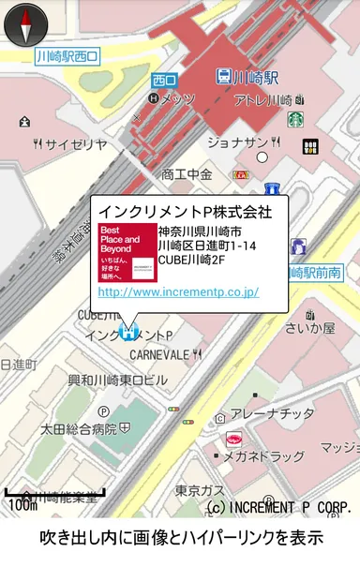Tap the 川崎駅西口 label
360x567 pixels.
coord(67,57)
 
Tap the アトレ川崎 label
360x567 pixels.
coord(263,99)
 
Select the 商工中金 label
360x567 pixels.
coord(187,173)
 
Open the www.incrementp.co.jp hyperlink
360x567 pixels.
coord(178,292)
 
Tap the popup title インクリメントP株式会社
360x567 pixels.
coord(185,212)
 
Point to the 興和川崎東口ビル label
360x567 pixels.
coord(118,380)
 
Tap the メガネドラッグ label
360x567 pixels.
coord(263,456)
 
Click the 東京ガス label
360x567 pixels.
coord(200,490)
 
